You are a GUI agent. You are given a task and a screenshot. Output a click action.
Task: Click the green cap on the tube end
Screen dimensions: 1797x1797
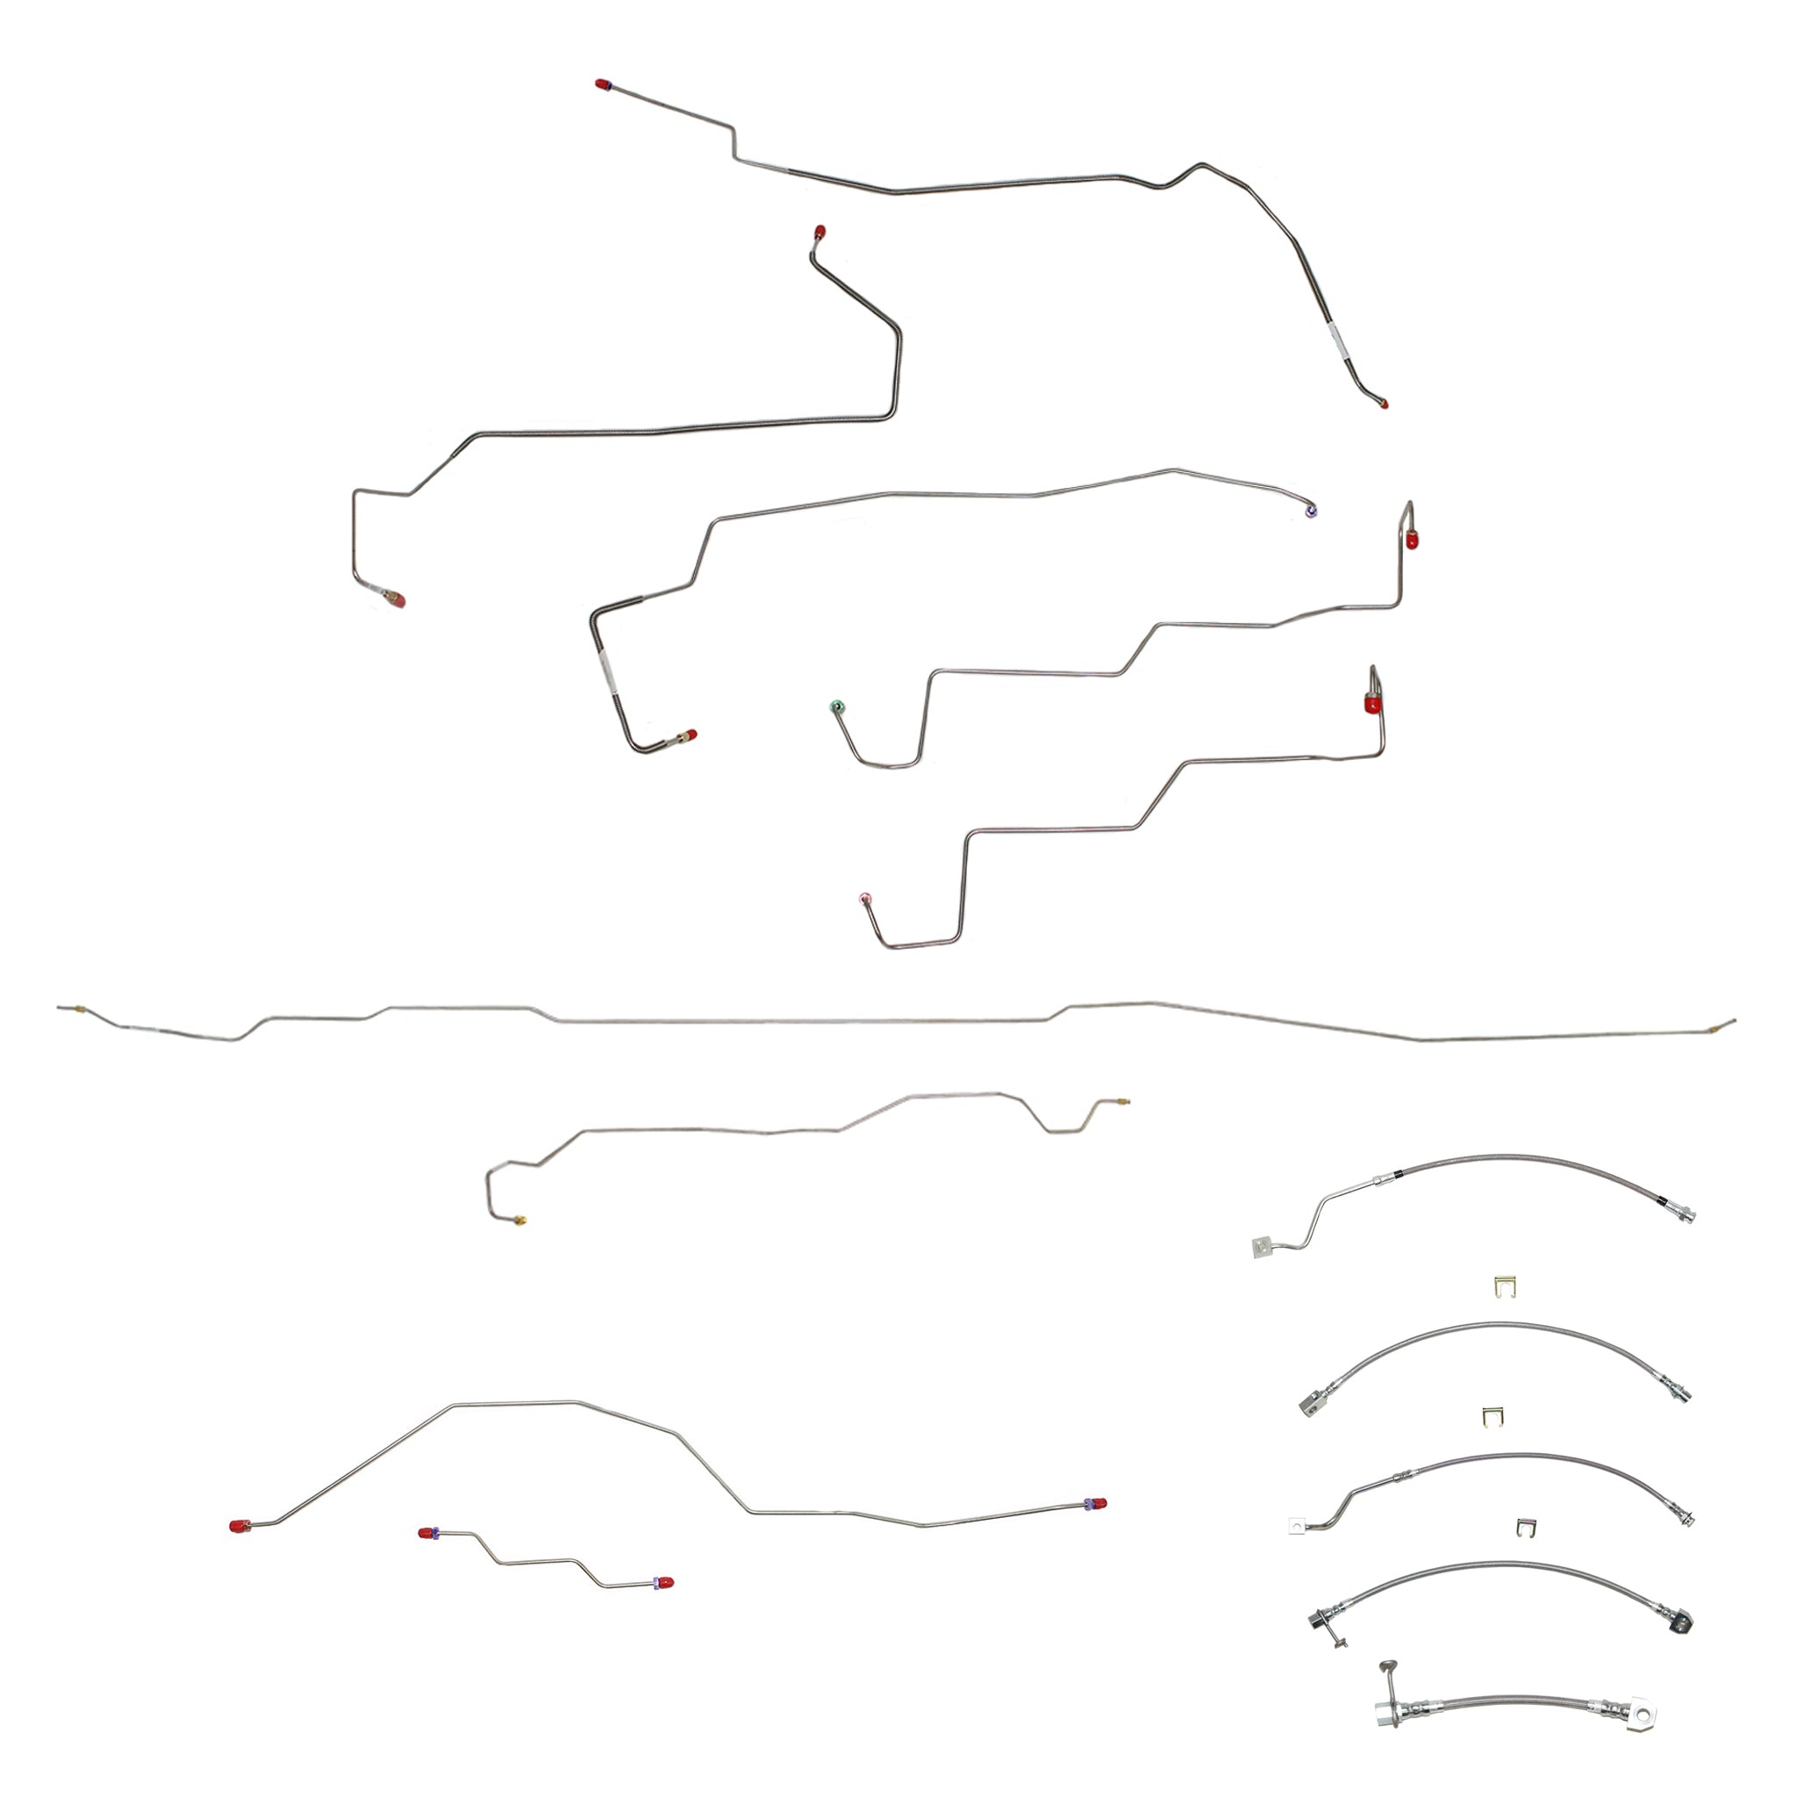click(836, 707)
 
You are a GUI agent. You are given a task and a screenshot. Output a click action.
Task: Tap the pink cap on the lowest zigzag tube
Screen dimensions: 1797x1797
click(866, 898)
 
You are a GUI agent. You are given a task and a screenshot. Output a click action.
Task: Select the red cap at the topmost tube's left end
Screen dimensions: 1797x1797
click(602, 84)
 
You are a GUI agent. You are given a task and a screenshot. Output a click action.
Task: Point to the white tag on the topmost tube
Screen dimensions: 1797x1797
click(1336, 341)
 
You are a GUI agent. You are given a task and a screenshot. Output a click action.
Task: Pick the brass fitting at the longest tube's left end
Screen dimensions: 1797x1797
click(81, 1008)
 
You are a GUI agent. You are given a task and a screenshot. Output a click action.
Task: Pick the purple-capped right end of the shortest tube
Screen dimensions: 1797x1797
click(664, 1582)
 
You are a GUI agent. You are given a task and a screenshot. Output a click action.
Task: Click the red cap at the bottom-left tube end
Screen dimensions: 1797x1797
click(239, 1527)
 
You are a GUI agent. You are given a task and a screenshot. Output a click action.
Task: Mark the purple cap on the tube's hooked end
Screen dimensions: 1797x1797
click(1312, 511)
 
